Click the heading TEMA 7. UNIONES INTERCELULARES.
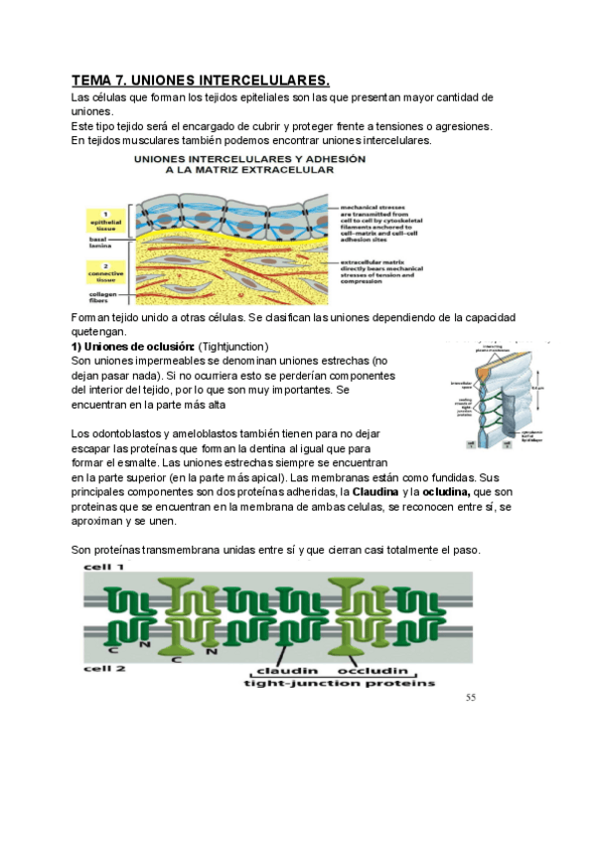pyautogui.click(x=200, y=80)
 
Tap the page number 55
pyautogui.click(x=471, y=697)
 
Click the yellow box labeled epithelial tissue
pyautogui.click(x=105, y=219)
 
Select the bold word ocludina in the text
pyautogui.click(x=447, y=492)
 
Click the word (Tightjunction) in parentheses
pyautogui.click(x=233, y=345)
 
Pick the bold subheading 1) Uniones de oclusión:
pyautogui.click(x=133, y=345)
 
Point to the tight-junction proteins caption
pyautogui.click(x=339, y=684)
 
